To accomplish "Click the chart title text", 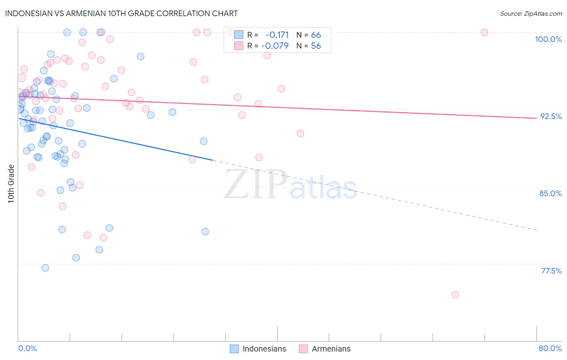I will (121, 13).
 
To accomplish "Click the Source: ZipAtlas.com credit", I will (531, 14).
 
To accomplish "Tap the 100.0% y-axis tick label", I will (548, 39).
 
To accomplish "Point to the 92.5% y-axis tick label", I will (551, 116).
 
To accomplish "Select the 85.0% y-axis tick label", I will (550, 193).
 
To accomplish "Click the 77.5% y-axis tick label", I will (551, 271).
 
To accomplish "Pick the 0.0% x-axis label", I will (27, 348).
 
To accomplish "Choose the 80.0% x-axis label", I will (550, 348).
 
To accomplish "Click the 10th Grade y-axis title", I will (11, 184).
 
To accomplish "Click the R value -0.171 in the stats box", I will (277, 35).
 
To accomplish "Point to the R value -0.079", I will (275, 46).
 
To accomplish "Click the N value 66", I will (316, 35).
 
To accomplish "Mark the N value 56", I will (316, 46).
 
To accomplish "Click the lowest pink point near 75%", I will (455, 295).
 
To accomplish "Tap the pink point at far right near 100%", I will (484, 32).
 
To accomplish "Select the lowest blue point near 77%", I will (45, 268).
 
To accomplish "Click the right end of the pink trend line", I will (537, 118).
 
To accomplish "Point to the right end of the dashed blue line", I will (537, 230).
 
